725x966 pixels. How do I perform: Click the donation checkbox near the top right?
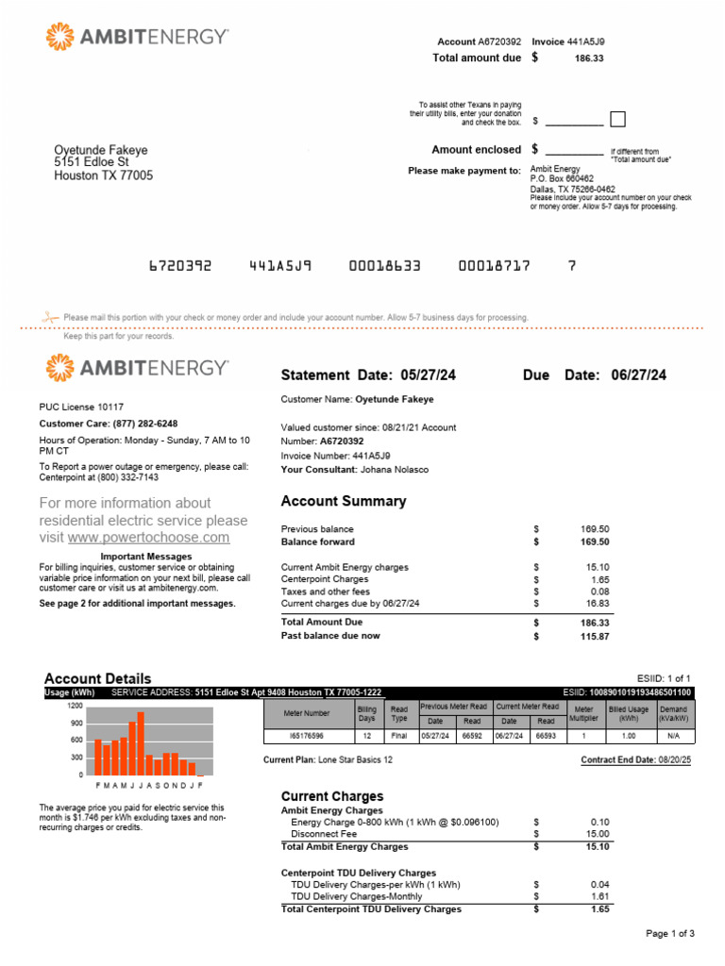(617, 120)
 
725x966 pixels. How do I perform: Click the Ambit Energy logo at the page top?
(137, 37)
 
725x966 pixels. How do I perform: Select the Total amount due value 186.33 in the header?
(588, 58)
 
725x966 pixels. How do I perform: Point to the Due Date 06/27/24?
(638, 375)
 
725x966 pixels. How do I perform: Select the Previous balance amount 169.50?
(595, 529)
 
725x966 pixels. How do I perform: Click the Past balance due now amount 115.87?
(595, 637)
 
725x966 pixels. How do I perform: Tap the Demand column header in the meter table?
(673, 713)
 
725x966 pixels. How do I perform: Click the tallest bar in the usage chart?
(141, 742)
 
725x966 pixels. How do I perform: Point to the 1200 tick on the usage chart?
(75, 706)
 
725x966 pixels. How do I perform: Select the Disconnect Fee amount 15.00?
(598, 835)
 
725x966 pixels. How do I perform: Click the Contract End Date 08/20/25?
(669, 759)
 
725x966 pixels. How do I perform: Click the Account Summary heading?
(344, 502)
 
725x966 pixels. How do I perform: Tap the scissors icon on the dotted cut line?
(51, 317)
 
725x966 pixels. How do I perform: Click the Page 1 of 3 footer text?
(670, 934)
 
